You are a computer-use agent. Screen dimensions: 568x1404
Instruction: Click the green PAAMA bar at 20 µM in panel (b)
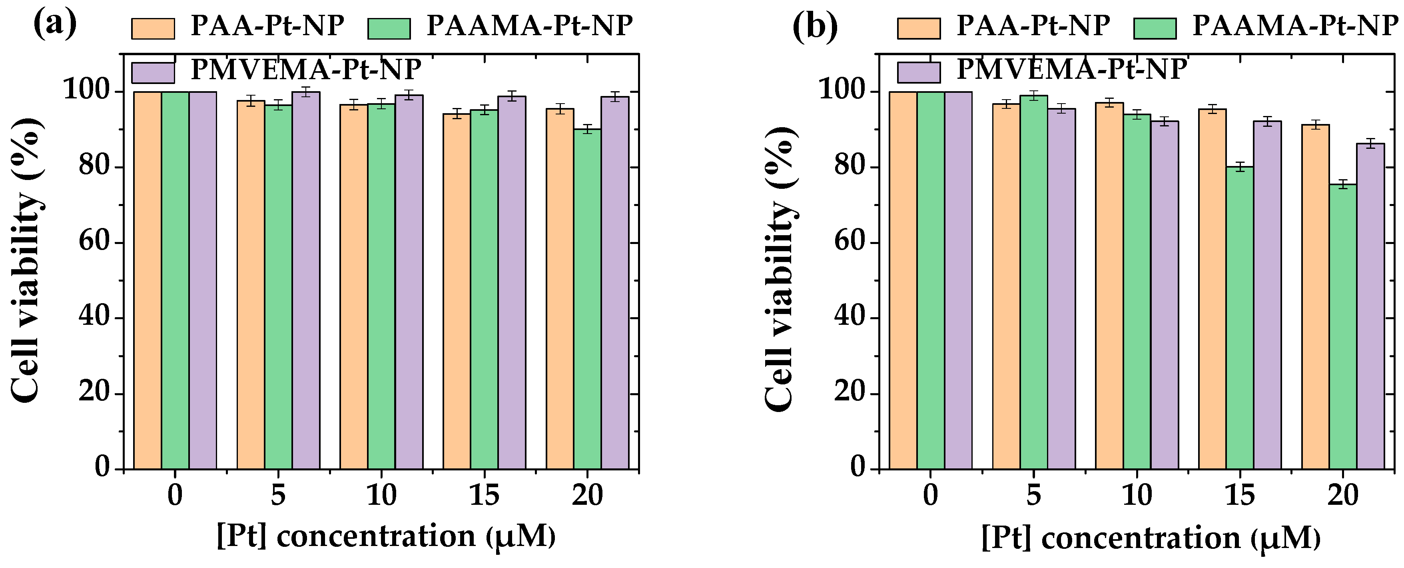[1342, 327]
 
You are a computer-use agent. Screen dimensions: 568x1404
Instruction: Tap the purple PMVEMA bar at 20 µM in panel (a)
[615, 284]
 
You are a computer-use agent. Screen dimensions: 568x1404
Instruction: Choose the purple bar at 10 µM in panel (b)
[1165, 295]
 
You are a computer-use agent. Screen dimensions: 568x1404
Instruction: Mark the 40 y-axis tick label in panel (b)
[850, 318]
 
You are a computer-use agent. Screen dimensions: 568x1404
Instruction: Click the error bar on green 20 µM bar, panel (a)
[587, 129]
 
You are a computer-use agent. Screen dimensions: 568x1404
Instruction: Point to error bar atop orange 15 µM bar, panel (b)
[1212, 109]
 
